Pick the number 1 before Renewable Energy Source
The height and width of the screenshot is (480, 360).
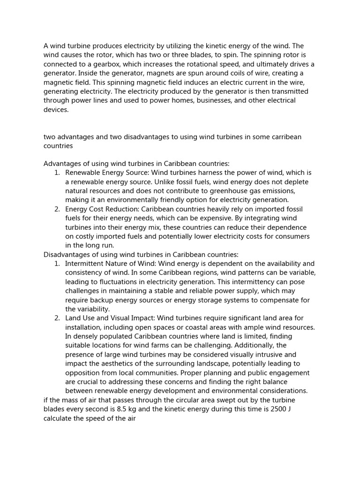[57, 173]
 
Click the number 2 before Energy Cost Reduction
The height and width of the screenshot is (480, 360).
[57, 209]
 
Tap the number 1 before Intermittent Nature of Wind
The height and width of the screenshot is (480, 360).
[57, 264]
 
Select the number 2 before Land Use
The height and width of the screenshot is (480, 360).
[57, 318]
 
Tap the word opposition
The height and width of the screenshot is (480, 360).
[83, 373]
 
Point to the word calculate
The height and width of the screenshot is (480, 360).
[59, 418]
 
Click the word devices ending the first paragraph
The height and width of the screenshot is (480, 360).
[56, 110]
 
